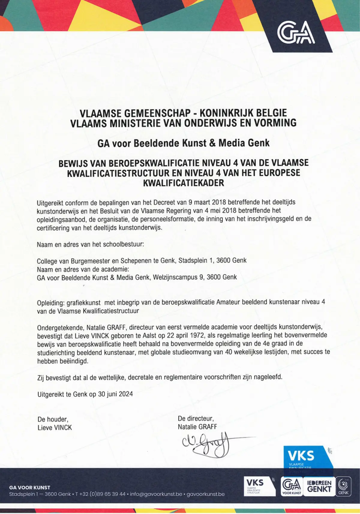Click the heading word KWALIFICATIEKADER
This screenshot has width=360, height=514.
tap(184, 183)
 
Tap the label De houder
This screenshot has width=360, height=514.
tap(52, 419)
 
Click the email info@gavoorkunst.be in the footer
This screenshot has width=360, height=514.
tap(156, 494)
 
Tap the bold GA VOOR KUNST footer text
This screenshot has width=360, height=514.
tap(30, 488)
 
